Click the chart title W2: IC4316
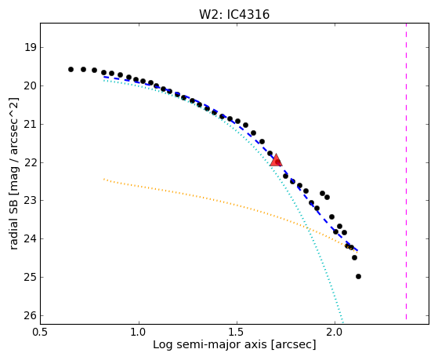point(234,14)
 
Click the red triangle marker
point(276,160)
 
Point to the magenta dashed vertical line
point(406,171)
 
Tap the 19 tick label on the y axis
point(31,48)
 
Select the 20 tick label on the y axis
point(31,85)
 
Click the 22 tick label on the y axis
point(31,162)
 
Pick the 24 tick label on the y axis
point(31,239)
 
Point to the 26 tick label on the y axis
point(31,315)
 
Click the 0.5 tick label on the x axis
point(41,332)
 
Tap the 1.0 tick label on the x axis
point(139,332)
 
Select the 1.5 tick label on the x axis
point(237,332)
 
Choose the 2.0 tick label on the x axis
point(335,332)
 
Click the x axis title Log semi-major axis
point(210,344)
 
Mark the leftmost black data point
point(71,69)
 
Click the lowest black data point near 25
point(358,276)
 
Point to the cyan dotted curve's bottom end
point(342,321)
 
